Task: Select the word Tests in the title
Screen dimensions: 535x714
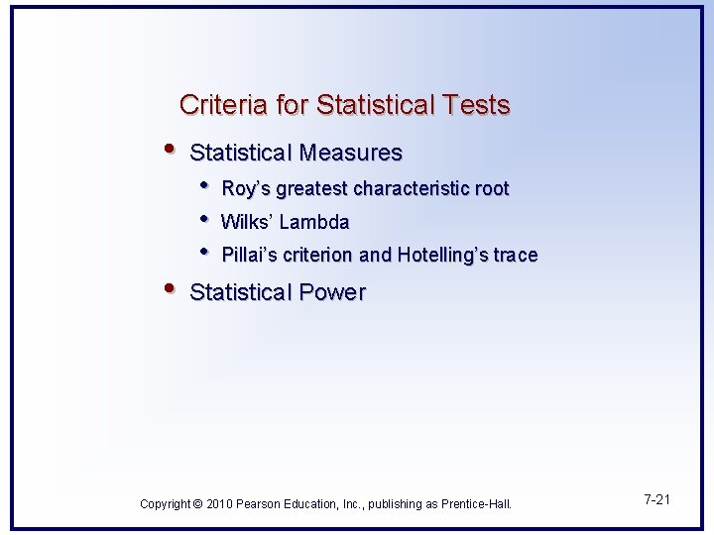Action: point(478,105)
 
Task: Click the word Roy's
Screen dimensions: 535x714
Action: point(246,188)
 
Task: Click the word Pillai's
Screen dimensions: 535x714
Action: point(249,256)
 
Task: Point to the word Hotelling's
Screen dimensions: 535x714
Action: point(442,256)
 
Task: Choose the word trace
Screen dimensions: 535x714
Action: point(516,256)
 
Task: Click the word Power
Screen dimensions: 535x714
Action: point(333,293)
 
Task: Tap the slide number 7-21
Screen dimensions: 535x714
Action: point(656,499)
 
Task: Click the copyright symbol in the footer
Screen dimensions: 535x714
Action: point(198,504)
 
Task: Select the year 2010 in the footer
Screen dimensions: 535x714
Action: point(220,504)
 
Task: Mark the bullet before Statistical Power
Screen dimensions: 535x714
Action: point(171,289)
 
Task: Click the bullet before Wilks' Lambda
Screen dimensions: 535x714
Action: point(203,219)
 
